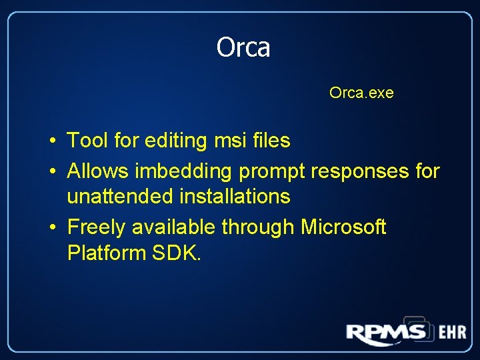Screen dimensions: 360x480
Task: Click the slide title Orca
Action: pos(243,47)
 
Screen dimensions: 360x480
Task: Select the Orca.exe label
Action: pos(361,93)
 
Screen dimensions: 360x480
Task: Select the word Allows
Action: pos(99,171)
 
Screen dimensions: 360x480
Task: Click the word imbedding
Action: pos(184,171)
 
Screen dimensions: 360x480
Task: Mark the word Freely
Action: pos(97,227)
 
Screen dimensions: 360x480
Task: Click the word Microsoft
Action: pos(343,227)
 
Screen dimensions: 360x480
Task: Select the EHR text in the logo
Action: pos(452,333)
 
